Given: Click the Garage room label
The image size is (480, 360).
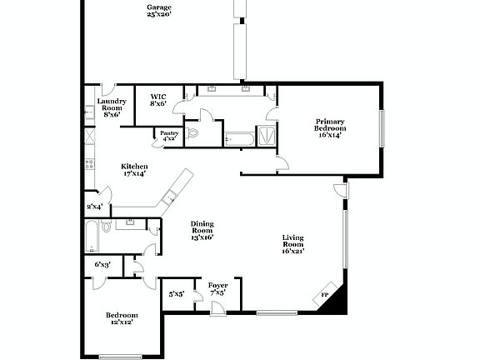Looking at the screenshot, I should [159, 10].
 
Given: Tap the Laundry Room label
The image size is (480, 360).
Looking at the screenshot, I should [112, 107].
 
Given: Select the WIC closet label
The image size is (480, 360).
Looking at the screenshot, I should [157, 99].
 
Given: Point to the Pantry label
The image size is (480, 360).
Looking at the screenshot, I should [169, 135].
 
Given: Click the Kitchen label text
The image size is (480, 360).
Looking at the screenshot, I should [134, 169].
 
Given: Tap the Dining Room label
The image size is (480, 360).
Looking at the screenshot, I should [202, 230].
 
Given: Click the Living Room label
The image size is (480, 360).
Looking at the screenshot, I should [292, 243].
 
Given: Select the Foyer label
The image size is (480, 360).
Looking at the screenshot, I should [218, 289].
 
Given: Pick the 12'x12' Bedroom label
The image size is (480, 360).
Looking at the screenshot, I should [121, 317].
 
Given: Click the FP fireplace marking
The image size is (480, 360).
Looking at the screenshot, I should [325, 295].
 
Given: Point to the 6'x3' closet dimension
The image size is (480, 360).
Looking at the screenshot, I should [102, 265].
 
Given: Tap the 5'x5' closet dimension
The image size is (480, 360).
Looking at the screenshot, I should [177, 294].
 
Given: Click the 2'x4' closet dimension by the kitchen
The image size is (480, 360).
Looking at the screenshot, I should [94, 206].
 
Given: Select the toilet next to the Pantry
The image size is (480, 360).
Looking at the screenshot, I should [192, 132].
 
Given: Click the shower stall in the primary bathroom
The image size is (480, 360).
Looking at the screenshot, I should [267, 135].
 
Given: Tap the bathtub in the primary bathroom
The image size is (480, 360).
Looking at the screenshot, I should [239, 137].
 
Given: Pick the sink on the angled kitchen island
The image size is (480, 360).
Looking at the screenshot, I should [169, 196].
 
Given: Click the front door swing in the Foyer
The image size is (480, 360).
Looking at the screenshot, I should [217, 309].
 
